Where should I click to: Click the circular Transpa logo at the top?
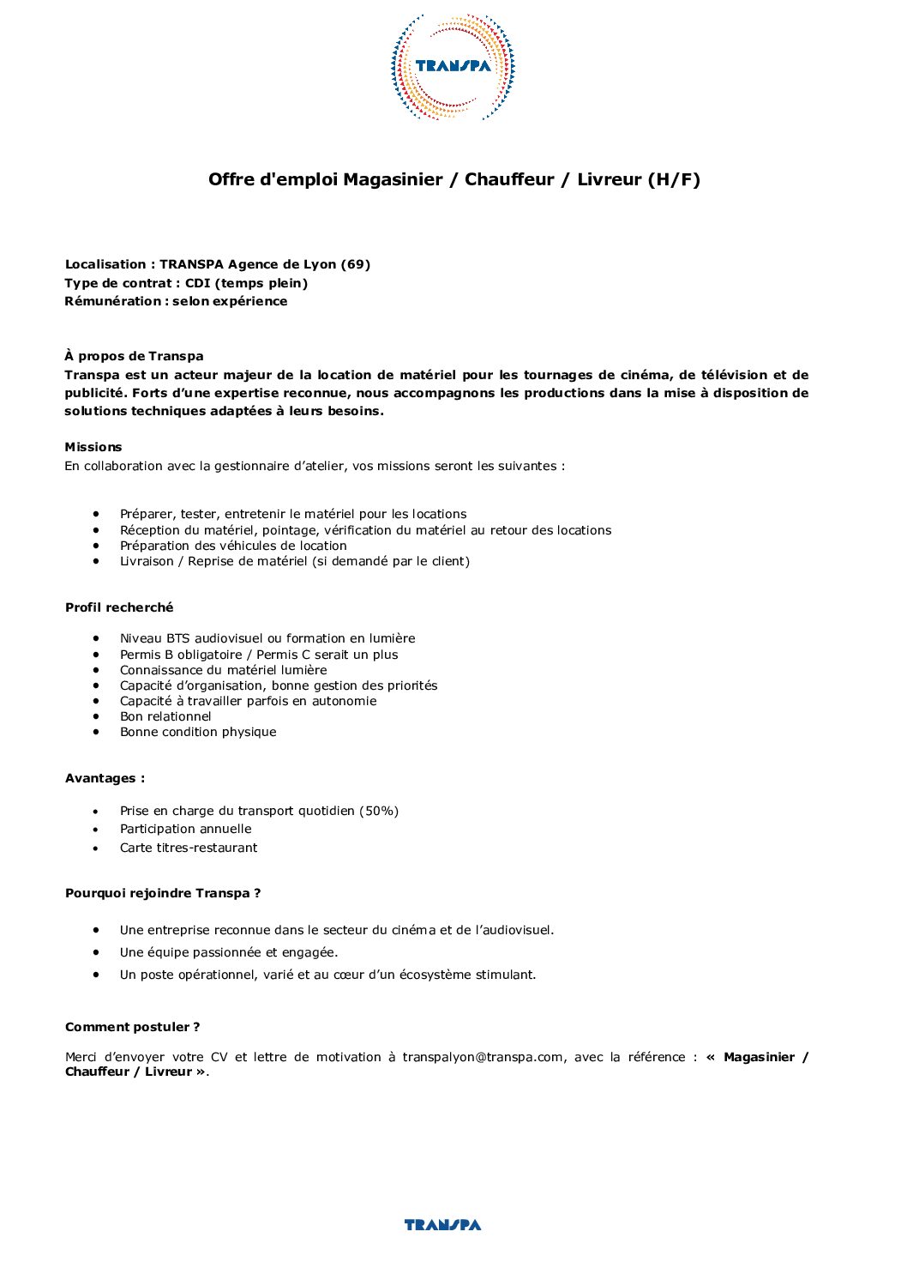pos(453,66)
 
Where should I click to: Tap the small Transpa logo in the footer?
pos(442,1224)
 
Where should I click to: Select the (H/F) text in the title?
pos(673,179)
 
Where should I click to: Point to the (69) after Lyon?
pos(356,264)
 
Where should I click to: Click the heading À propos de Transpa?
pos(134,356)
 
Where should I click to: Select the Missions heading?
pos(93,447)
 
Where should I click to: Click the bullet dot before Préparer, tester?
pos(98,513)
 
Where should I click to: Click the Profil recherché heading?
pos(119,607)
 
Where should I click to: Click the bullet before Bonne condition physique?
pos(98,732)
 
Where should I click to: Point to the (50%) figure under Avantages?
pos(379,811)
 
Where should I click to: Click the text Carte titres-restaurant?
pos(189,848)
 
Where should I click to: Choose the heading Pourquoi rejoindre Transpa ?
pos(163,893)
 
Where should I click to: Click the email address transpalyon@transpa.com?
pos(483,1057)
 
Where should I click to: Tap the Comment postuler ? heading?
pos(132,1027)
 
